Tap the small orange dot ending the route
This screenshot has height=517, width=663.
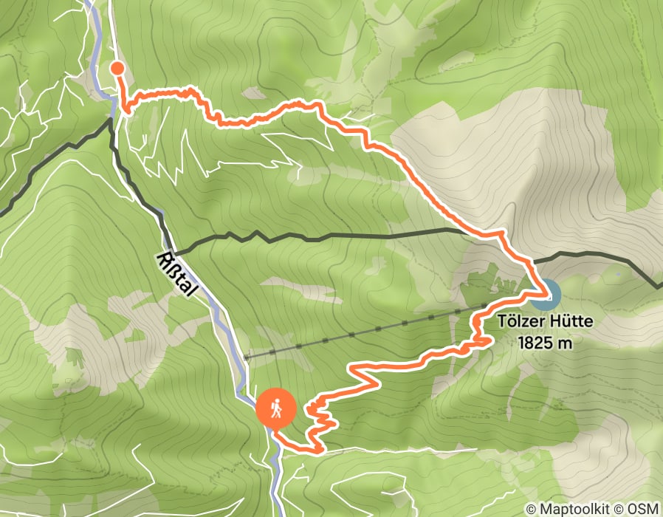click(x=117, y=69)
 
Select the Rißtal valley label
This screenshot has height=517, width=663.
click(x=177, y=275)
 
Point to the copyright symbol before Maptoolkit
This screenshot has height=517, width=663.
click(x=531, y=509)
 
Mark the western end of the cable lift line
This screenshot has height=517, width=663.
click(x=246, y=357)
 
